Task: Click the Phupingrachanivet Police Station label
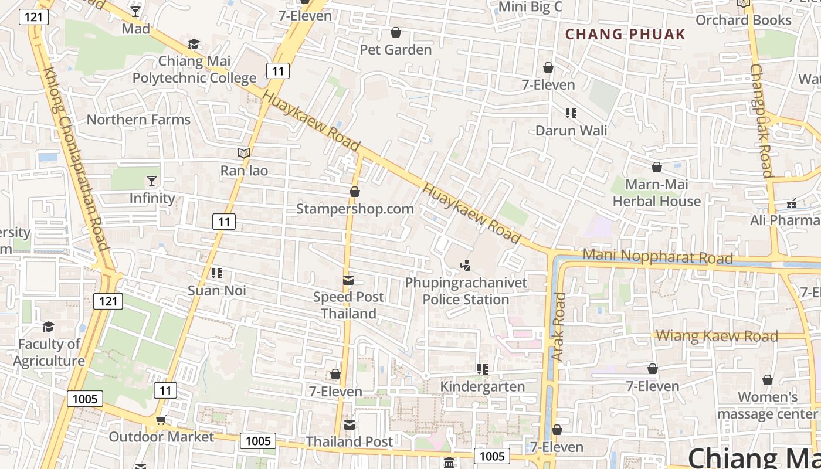click(x=466, y=291)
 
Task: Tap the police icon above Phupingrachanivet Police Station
click(x=466, y=266)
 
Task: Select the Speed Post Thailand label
click(x=348, y=305)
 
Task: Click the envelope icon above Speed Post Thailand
click(x=348, y=280)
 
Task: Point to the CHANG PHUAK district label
click(x=625, y=34)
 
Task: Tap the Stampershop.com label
click(x=355, y=209)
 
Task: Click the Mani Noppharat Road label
click(x=657, y=256)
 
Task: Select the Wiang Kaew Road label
click(x=717, y=336)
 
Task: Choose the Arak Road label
click(x=558, y=327)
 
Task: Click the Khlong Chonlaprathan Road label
click(x=76, y=158)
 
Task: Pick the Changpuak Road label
click(x=760, y=120)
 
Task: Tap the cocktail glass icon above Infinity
click(x=152, y=181)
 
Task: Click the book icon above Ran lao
click(x=244, y=153)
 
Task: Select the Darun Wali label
click(x=571, y=130)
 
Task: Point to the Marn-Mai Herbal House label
click(x=657, y=193)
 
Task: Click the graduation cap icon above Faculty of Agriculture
click(x=48, y=327)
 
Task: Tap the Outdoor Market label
click(x=161, y=437)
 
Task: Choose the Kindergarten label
click(x=483, y=386)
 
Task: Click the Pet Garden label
click(x=396, y=50)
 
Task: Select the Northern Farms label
click(x=138, y=120)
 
